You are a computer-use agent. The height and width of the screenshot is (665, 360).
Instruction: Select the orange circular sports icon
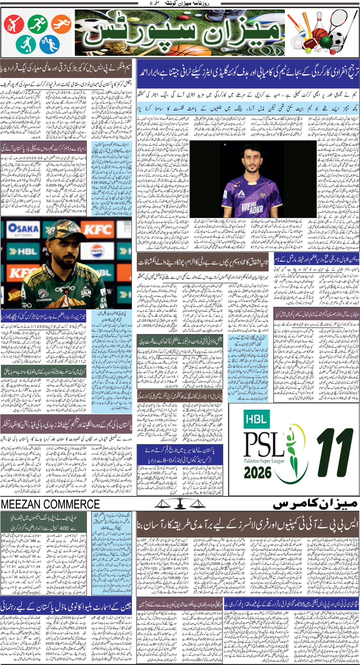point(61,24)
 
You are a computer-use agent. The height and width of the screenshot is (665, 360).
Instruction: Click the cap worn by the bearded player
point(62,229)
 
